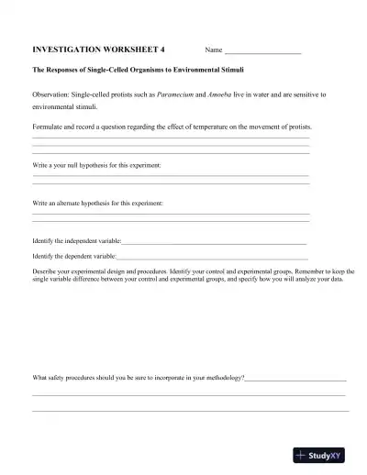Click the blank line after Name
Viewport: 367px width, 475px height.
tap(263, 50)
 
